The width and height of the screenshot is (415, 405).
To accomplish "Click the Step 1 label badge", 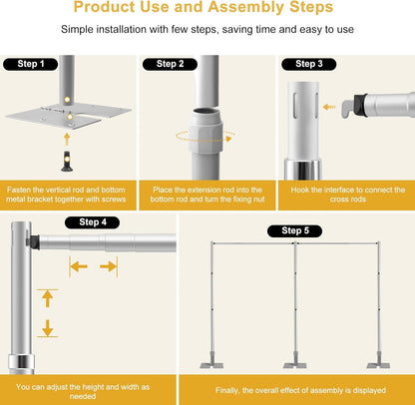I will point(31,64).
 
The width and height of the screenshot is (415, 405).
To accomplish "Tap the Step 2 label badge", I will point(169,64).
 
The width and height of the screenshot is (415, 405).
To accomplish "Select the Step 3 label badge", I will point(307,64).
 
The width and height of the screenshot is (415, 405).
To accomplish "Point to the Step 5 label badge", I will point(295,231).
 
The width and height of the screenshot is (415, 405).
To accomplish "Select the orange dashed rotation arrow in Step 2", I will point(207,135).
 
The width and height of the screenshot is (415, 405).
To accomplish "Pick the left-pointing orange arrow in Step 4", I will point(77,266).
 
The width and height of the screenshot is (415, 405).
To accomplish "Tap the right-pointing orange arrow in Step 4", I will point(108,266).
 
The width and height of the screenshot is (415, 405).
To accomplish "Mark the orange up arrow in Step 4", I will point(46,298).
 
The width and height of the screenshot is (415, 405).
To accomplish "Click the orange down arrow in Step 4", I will point(46,329).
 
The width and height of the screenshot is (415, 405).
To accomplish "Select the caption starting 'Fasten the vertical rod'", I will point(68,195).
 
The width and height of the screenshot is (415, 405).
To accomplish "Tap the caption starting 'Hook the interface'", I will point(344,195).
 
